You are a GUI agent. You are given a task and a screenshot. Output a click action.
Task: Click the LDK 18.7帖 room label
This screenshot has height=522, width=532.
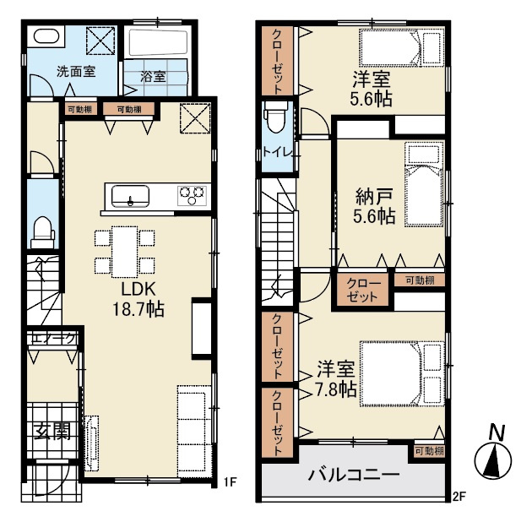click(x=138, y=299)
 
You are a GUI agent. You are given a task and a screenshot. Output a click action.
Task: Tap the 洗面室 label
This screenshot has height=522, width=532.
click(x=76, y=72)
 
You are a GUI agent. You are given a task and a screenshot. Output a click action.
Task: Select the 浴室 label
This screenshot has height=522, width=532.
click(x=153, y=76)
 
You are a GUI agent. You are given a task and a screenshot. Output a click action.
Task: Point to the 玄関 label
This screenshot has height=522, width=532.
click(x=52, y=432)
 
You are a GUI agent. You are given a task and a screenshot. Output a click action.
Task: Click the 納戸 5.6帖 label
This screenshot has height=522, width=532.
click(x=374, y=206)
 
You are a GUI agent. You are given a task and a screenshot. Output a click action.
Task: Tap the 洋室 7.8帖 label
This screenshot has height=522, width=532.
click(x=336, y=378)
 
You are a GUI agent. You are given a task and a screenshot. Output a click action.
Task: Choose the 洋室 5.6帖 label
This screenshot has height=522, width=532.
click(x=372, y=89)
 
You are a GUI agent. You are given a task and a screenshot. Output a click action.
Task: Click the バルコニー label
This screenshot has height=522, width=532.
click(x=354, y=475)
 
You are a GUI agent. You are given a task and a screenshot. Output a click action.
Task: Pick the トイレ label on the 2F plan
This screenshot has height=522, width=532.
click(x=278, y=152)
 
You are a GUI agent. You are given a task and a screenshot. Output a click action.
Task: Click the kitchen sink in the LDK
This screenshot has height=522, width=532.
click(x=130, y=196)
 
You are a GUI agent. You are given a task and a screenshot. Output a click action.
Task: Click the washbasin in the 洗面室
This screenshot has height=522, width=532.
click(x=47, y=36)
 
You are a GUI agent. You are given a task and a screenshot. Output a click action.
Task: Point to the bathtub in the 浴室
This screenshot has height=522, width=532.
click(x=158, y=43)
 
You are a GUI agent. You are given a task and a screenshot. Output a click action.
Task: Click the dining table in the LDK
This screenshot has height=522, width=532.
click(x=124, y=252)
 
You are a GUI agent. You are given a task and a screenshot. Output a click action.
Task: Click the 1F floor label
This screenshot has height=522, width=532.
click(x=229, y=481)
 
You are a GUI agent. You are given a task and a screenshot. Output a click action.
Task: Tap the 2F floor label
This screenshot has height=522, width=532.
click(x=459, y=497)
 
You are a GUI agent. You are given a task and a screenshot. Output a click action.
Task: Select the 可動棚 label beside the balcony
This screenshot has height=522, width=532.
click(x=430, y=451)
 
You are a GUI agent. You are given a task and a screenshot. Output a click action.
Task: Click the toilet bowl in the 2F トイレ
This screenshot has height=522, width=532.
click(x=276, y=117)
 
